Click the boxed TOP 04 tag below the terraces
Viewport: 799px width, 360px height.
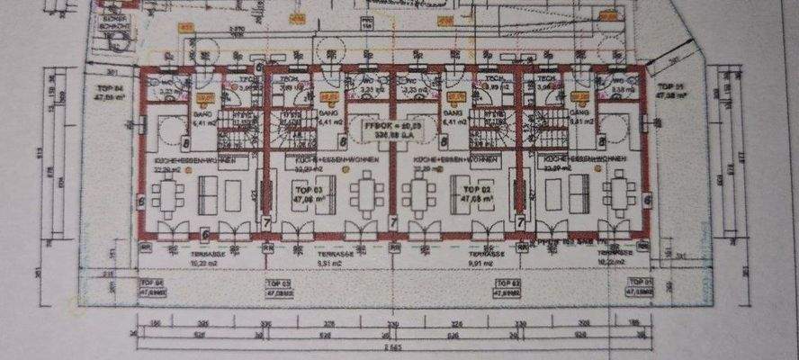pos(153,287)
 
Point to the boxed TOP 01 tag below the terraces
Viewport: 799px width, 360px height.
pos(640,287)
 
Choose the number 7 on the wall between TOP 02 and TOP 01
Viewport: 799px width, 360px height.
pos(520,220)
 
